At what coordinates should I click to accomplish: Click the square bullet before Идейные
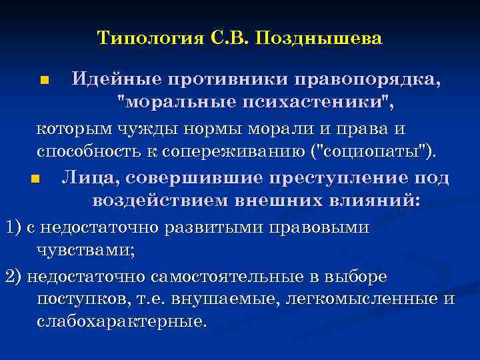tap(45, 82)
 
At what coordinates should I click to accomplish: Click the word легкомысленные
tap(357, 299)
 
